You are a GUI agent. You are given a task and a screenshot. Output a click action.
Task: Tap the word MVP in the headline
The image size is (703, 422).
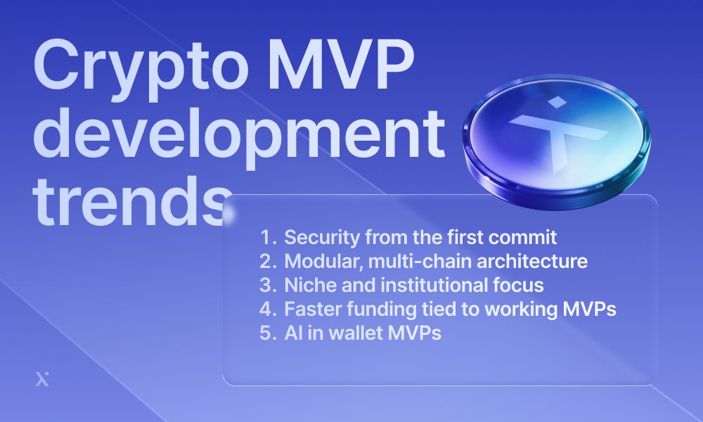coord(341,64)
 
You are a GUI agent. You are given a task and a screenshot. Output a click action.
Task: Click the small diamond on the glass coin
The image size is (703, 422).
coord(557,102)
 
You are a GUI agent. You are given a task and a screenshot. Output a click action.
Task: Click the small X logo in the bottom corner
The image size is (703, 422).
coord(42,379)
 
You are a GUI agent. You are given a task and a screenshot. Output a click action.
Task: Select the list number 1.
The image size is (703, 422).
coord(269,237)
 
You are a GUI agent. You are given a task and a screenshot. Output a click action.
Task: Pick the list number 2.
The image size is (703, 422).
coord(268,261)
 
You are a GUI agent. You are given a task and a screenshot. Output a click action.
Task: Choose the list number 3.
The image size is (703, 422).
coord(268,286)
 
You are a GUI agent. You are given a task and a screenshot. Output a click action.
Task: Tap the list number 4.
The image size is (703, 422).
coord(268,309)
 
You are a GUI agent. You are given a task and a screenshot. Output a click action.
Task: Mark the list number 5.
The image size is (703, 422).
coord(268,333)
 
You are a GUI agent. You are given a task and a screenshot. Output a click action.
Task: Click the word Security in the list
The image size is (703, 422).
coord(322,238)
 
